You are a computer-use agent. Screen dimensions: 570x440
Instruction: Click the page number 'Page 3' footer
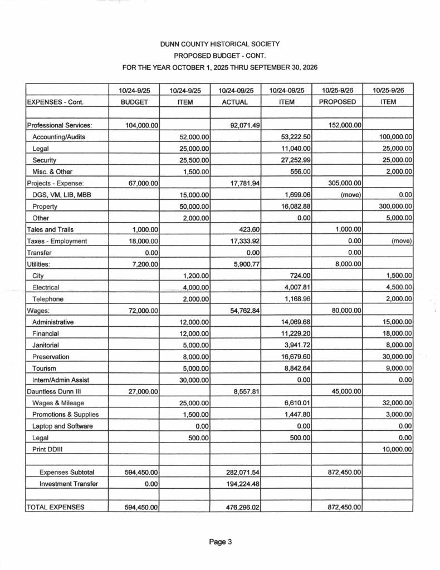220,543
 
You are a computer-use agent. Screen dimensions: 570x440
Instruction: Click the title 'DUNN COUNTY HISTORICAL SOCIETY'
219,43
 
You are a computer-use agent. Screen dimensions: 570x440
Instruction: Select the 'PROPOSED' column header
336,102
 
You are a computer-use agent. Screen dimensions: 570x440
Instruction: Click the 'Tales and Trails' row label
50,229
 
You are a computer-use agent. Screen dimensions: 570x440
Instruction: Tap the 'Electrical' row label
46,287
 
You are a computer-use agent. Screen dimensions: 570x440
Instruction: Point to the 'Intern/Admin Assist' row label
62,380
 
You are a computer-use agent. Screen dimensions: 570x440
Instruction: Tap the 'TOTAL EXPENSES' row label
56,507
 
